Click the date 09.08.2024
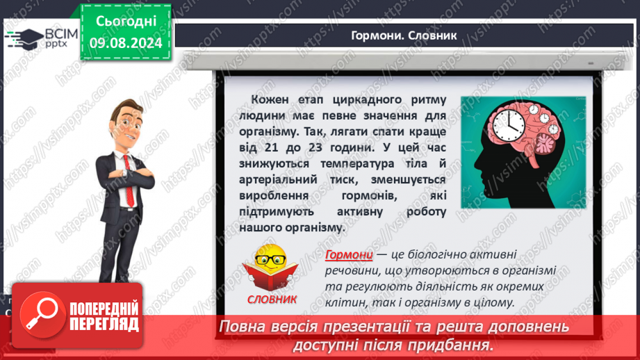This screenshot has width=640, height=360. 126,43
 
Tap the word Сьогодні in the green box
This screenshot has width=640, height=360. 126,22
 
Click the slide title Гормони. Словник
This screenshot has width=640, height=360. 404,35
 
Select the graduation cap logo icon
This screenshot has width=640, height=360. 24,39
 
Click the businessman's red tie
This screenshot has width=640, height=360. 129,181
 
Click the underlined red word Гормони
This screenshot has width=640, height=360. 349,254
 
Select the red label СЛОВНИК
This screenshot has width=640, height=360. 272,299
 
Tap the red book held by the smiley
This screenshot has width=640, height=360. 270,277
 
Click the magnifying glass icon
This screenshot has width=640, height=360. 42,315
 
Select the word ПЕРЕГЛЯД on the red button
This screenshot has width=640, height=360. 104,325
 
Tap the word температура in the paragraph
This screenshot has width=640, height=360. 357,164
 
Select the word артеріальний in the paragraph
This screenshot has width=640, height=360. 278,180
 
